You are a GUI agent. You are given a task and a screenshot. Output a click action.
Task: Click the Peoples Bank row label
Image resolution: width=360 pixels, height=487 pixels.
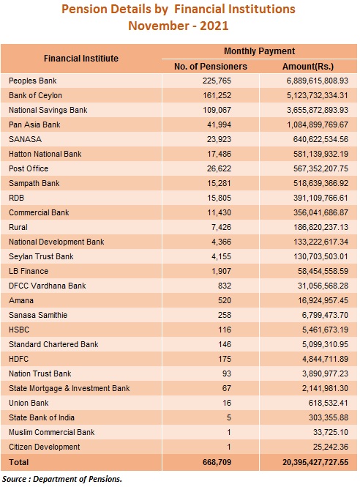pos(33,81)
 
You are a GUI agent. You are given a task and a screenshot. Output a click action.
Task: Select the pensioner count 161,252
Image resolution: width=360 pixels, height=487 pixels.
pos(217,95)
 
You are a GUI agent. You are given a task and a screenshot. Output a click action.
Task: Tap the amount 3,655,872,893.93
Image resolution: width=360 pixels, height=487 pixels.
pos(317,110)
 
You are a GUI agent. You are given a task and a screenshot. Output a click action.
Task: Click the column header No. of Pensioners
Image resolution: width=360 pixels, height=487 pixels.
pos(211,67)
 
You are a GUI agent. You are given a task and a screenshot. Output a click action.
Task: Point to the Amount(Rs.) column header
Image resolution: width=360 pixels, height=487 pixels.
pos(308,67)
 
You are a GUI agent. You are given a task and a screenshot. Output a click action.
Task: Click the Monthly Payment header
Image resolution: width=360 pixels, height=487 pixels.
pos(260,51)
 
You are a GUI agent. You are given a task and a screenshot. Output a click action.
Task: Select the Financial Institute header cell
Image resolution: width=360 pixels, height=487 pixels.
pos(81,59)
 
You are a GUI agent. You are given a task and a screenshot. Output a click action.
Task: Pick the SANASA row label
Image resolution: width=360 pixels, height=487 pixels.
pos(25,139)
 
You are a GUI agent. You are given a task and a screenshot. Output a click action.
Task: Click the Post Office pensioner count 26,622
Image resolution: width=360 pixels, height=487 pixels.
pos(219,168)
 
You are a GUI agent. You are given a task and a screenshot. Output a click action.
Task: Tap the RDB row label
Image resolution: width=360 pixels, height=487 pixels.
pos(16,198)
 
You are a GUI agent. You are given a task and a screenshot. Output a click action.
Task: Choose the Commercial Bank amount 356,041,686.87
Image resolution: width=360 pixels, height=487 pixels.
pos(321,212)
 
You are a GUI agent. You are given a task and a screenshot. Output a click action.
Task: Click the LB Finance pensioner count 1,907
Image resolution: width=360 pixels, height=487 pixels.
pos(221,271)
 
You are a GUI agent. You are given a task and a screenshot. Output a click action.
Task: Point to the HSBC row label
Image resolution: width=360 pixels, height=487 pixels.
pos(19,330)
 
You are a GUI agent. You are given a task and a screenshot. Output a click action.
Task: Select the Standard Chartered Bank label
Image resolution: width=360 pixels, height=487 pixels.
pos(53,344)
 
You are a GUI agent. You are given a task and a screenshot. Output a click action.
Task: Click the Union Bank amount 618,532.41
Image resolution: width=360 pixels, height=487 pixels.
pos(329,403)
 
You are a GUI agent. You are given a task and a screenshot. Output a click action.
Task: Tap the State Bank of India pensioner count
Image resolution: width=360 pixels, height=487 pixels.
pos(229,417)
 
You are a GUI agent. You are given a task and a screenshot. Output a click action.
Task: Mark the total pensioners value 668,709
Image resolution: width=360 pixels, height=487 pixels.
pos(217,462)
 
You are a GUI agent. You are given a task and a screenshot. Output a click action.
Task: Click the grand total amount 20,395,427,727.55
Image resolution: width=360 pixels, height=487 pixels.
pos(315,462)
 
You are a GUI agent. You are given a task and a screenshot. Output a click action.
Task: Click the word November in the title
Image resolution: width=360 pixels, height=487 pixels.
pos(157,26)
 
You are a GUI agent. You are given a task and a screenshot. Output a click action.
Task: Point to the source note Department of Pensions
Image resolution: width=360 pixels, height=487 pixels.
pos(78,479)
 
